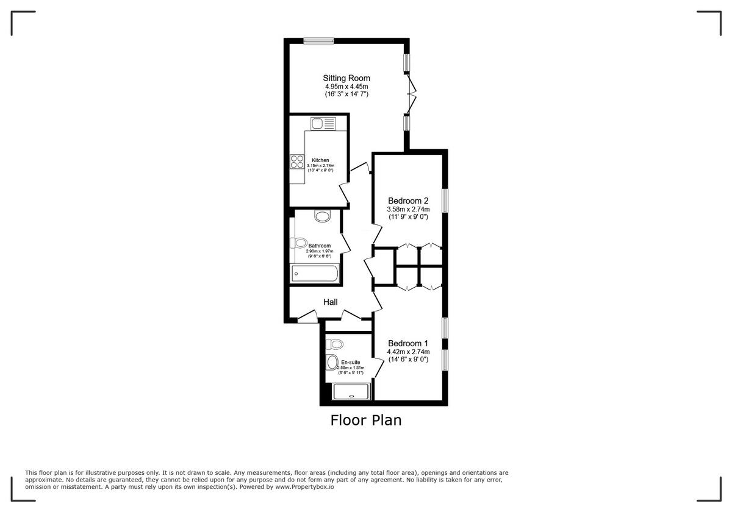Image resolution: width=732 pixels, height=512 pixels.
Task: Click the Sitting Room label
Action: pyautogui.click(x=346, y=78)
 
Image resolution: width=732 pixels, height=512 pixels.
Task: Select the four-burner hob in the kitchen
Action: pyautogui.click(x=297, y=162)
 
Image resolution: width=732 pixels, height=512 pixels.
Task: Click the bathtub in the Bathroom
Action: pyautogui.click(x=315, y=274)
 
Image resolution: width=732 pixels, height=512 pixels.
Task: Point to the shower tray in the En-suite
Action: pyautogui.click(x=351, y=391)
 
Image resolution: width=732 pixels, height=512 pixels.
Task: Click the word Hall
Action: pyautogui.click(x=330, y=302)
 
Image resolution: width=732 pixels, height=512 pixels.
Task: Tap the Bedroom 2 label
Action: pyautogui.click(x=409, y=201)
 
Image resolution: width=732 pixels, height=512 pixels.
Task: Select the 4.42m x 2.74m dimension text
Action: pyautogui.click(x=409, y=352)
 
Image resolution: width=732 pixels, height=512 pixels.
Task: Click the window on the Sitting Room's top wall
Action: pyautogui.click(x=319, y=41)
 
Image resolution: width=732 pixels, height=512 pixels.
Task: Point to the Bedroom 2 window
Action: pyautogui.click(x=445, y=200)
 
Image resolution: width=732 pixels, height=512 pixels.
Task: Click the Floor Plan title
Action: pyautogui.click(x=366, y=420)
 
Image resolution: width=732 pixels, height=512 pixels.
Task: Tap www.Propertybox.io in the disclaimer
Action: pyautogui.click(x=304, y=487)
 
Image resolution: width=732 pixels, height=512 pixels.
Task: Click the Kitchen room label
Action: pyautogui.click(x=320, y=160)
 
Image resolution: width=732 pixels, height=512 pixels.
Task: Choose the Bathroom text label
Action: pyautogui.click(x=320, y=246)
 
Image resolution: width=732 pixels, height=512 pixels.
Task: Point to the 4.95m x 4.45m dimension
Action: pyautogui.click(x=346, y=87)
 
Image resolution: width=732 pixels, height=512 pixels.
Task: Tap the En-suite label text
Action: pyautogui.click(x=350, y=362)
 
